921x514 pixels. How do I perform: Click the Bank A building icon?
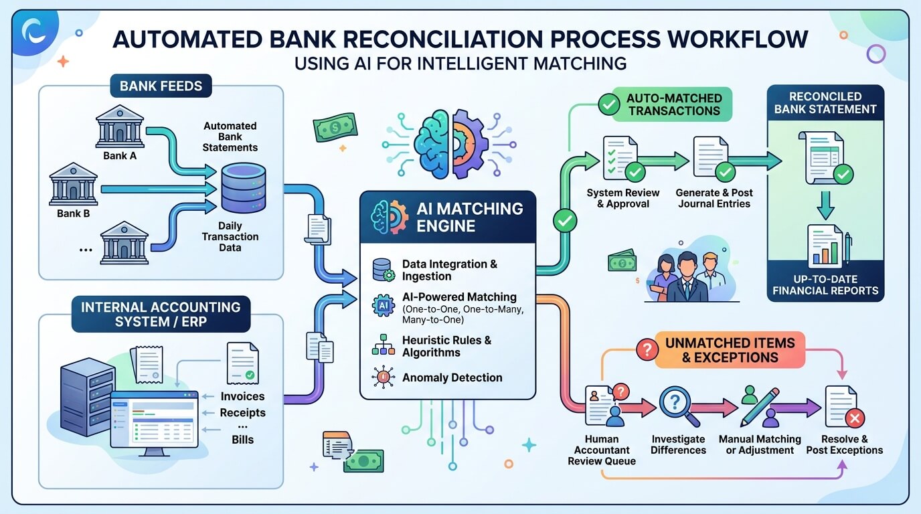pos(120,126)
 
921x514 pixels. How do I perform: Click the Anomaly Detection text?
pos(452,377)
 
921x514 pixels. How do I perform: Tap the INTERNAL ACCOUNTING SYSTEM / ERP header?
pos(161,315)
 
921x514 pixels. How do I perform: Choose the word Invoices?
pos(242,396)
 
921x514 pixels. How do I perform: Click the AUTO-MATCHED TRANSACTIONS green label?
pos(674,105)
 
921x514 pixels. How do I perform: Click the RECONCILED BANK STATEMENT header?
pos(825,102)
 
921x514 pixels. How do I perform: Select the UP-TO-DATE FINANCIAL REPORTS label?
pos(825,285)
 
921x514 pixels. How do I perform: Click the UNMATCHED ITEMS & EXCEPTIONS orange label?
pos(730,350)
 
